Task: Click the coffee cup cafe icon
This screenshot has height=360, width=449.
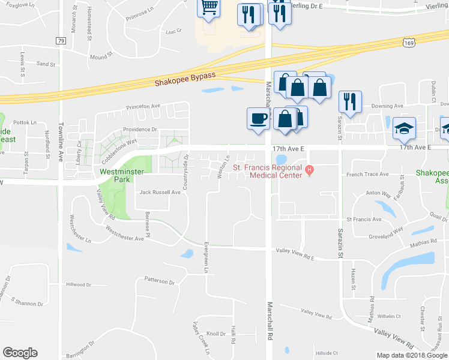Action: coord(258,118)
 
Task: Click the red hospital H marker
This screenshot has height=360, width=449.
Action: coord(310,169)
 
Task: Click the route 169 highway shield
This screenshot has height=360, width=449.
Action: coord(408,43)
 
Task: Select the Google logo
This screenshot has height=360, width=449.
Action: coord(20,353)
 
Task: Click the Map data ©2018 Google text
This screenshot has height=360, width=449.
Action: coord(412,355)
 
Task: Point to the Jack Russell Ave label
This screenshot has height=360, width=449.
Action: coord(160,193)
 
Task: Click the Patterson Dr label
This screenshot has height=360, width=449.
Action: coord(159,281)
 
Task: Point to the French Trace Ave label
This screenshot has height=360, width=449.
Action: coord(367,175)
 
